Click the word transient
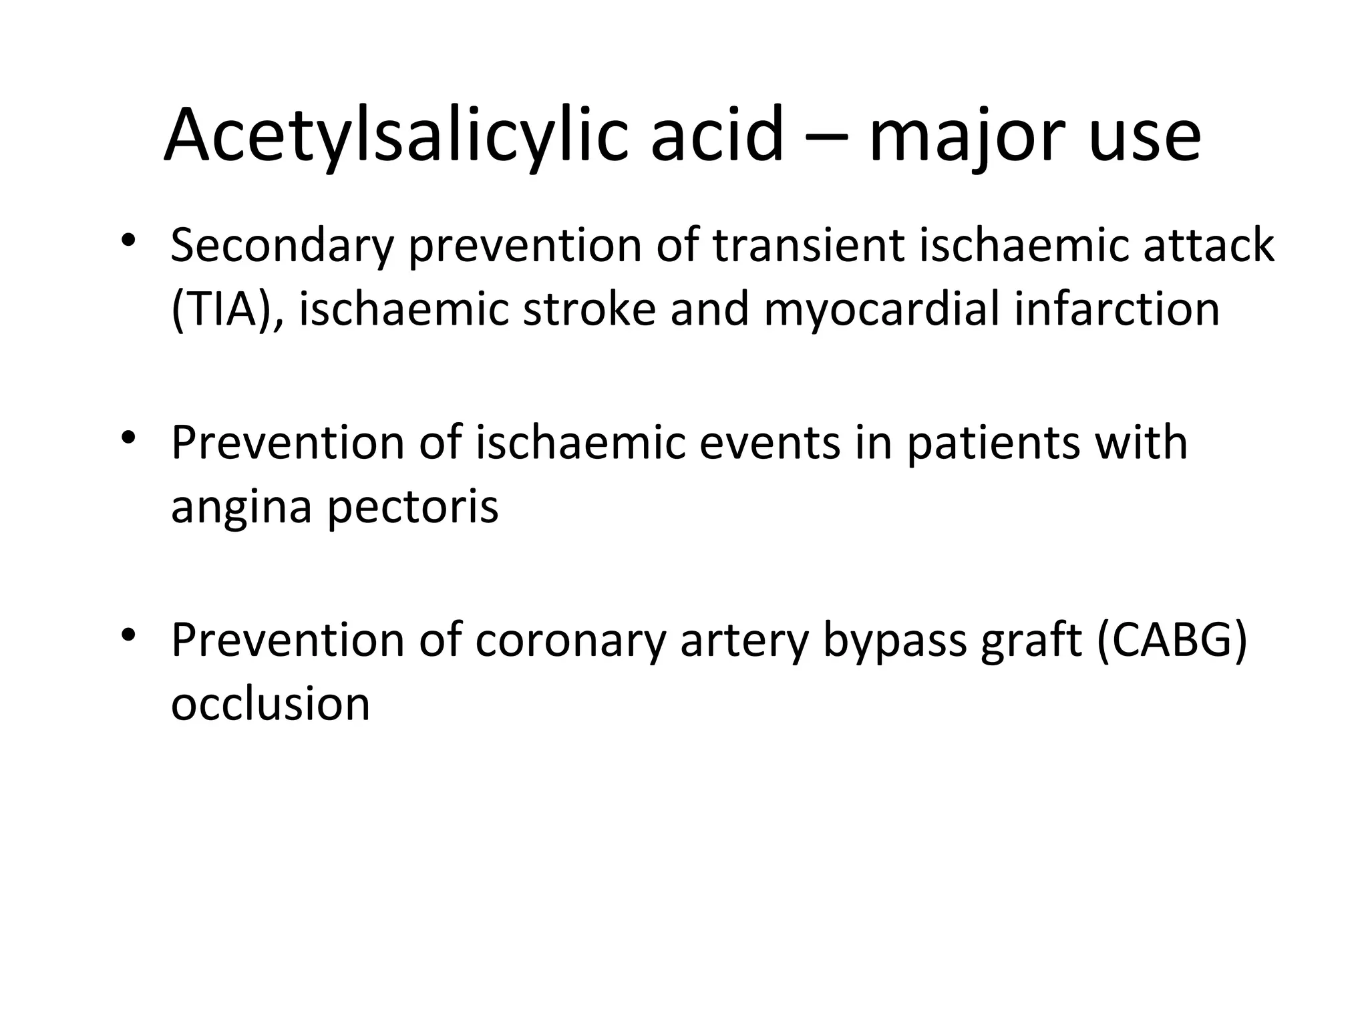point(808,245)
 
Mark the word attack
point(1208,245)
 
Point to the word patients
point(993,444)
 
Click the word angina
point(242,508)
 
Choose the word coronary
point(571,640)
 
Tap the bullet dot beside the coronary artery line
point(129,634)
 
